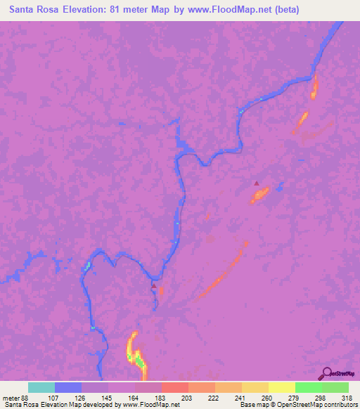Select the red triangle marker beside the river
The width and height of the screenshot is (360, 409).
(x=154, y=286)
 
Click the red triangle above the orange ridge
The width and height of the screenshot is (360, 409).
(x=257, y=183)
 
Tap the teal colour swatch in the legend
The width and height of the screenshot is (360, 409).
(x=41, y=387)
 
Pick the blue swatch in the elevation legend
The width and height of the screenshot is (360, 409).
(x=68, y=387)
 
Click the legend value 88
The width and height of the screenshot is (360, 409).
(x=26, y=397)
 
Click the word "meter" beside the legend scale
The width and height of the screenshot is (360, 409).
(x=10, y=397)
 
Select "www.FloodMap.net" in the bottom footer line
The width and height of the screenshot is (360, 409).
(x=150, y=405)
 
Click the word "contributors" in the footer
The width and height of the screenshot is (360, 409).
(x=341, y=405)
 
